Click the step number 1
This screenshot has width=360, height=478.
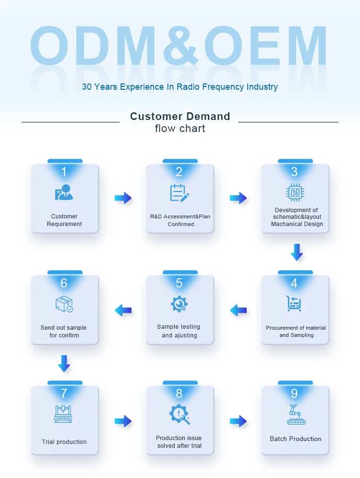(x=64, y=171)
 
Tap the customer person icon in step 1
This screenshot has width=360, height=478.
(x=64, y=192)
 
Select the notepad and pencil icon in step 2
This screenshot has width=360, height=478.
(x=180, y=193)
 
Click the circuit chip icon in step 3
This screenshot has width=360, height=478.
(x=295, y=192)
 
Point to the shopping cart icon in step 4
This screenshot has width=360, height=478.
(x=294, y=303)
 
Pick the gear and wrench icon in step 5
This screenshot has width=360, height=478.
(x=180, y=304)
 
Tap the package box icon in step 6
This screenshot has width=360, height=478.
(x=64, y=304)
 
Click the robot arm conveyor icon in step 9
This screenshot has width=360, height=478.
(x=294, y=415)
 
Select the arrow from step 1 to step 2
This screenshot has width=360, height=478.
(x=123, y=198)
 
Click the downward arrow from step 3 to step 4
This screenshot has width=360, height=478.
(x=297, y=252)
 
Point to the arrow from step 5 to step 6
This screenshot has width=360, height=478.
(x=123, y=310)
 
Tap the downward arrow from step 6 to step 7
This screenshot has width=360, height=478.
(x=64, y=363)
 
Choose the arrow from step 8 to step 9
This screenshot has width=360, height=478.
(x=238, y=421)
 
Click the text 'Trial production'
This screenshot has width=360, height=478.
(x=64, y=442)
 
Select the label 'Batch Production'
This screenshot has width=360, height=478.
(x=295, y=439)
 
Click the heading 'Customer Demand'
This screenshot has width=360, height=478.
(x=180, y=116)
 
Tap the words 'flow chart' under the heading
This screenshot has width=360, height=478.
(x=180, y=129)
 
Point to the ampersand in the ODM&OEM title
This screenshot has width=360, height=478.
(x=180, y=47)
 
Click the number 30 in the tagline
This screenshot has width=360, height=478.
(x=87, y=87)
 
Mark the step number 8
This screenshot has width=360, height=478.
(x=179, y=394)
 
